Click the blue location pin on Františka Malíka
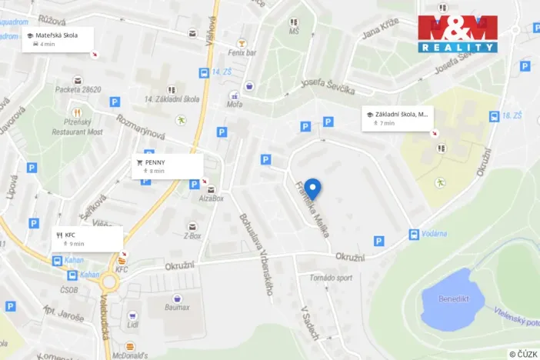pos(312,188)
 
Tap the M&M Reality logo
pos(457,34)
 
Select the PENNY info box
pos(167,166)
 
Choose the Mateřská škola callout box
pos(58,39)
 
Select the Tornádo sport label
pos(332,278)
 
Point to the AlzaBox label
pos(211,198)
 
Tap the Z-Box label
pos(192,236)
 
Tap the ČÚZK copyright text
pos(523,354)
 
